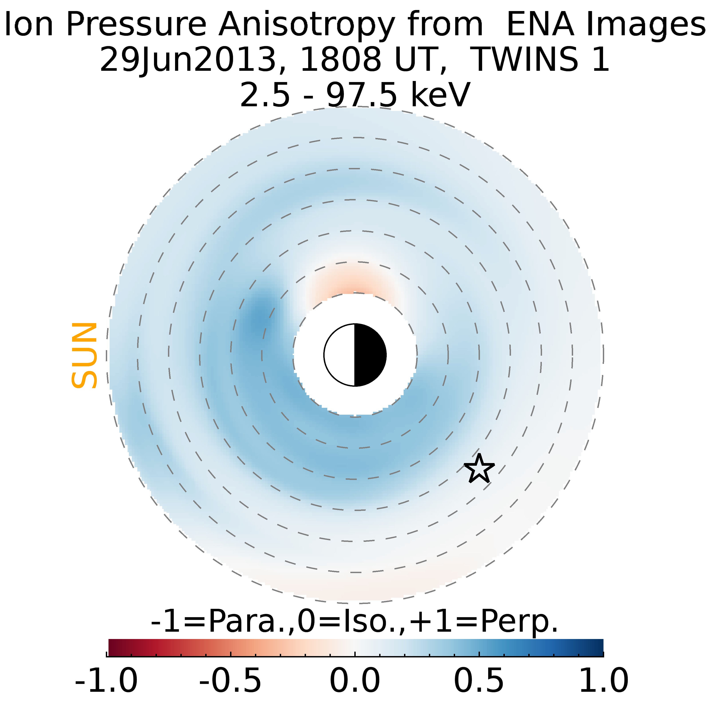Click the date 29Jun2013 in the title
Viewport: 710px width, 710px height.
(x=188, y=59)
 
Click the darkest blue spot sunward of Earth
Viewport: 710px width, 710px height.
(x=260, y=316)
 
